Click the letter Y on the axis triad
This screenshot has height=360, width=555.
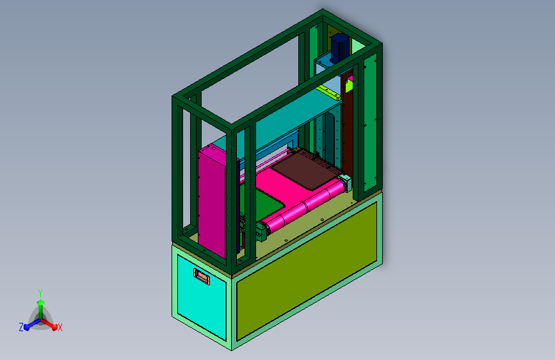(x=40, y=293)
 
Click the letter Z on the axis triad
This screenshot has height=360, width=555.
(x=21, y=327)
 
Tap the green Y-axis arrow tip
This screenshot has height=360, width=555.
(x=41, y=302)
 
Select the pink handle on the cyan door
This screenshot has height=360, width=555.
(x=202, y=276)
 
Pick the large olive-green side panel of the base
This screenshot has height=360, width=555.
(x=307, y=271)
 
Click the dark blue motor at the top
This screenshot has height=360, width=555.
(x=339, y=48)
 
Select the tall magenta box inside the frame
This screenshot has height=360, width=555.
(x=213, y=200)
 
